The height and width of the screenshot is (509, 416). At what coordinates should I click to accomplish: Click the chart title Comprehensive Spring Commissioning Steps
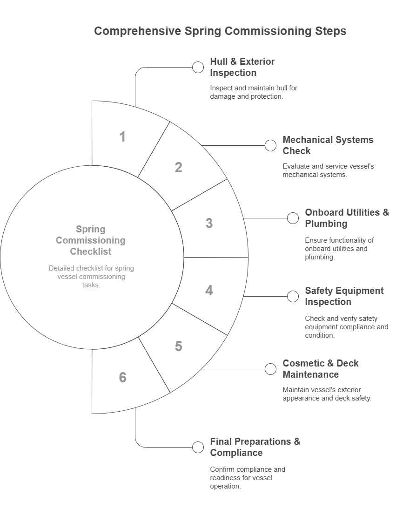click(220, 31)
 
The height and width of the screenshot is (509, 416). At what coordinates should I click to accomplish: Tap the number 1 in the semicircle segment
click(122, 137)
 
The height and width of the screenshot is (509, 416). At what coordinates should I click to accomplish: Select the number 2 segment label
click(178, 168)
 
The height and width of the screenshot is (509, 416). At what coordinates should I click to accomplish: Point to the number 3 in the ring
click(209, 224)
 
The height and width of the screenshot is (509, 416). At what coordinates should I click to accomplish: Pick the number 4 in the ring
click(209, 291)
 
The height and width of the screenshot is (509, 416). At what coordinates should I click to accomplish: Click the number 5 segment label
click(178, 346)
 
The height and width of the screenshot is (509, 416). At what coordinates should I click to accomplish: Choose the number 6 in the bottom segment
click(122, 377)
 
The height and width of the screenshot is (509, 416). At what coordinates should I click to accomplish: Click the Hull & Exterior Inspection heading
click(242, 67)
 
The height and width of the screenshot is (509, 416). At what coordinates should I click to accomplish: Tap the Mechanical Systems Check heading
click(328, 145)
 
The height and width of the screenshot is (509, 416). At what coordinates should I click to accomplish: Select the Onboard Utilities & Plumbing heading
click(347, 218)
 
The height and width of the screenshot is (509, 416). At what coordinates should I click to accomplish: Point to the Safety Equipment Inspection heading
click(344, 296)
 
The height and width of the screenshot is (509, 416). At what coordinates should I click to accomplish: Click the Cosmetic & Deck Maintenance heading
click(321, 369)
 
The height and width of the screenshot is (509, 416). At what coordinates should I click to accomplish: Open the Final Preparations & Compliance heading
click(255, 447)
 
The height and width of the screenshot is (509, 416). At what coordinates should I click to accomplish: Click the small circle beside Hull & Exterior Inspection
click(198, 68)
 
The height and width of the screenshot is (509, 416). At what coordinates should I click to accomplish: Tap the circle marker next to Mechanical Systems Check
click(270, 146)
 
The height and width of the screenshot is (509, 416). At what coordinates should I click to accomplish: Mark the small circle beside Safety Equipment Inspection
click(293, 297)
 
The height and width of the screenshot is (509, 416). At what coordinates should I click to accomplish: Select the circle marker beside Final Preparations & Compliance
click(198, 448)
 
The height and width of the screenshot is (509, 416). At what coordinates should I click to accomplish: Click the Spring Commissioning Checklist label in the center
click(91, 240)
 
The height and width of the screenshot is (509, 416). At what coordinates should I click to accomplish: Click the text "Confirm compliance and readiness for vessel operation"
click(248, 477)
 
